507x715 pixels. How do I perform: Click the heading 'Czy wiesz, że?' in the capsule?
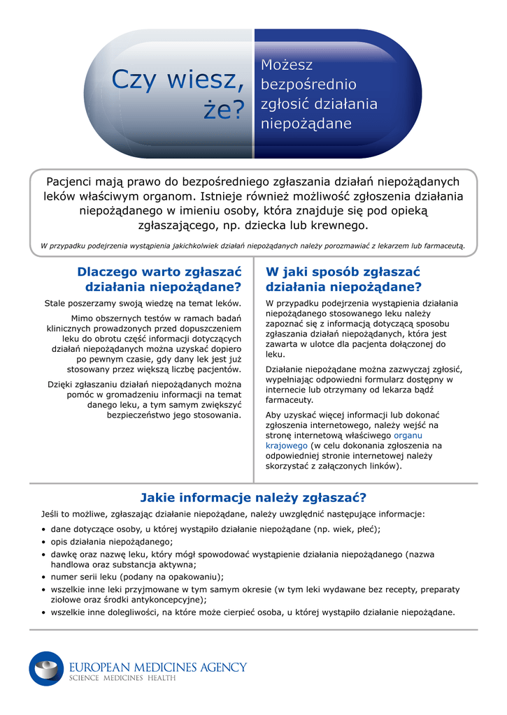pos(179,95)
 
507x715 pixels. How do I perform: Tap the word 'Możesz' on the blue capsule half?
pos(287,65)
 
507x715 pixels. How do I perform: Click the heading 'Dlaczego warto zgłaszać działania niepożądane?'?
pos(159,279)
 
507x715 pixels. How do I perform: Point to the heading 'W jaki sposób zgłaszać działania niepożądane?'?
pos(343,279)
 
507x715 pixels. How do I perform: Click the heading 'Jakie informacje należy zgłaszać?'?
pos(253,498)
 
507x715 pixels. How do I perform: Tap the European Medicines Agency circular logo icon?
pos(46,668)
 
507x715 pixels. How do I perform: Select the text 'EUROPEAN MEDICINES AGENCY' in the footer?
pos(157,667)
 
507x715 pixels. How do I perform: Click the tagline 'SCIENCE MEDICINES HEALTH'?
pos(122,679)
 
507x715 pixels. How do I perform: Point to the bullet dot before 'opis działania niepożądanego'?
pos(44,542)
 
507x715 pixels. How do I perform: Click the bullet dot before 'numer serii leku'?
pos(44,577)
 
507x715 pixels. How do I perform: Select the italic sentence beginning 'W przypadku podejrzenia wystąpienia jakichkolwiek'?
pos(252,245)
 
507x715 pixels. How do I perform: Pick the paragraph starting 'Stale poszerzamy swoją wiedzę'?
pos(143,303)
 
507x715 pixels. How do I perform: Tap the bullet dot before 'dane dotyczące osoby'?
pos(44,529)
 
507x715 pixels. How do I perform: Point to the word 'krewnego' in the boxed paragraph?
pos(341,226)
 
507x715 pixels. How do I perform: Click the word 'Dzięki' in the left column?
pos(62,384)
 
